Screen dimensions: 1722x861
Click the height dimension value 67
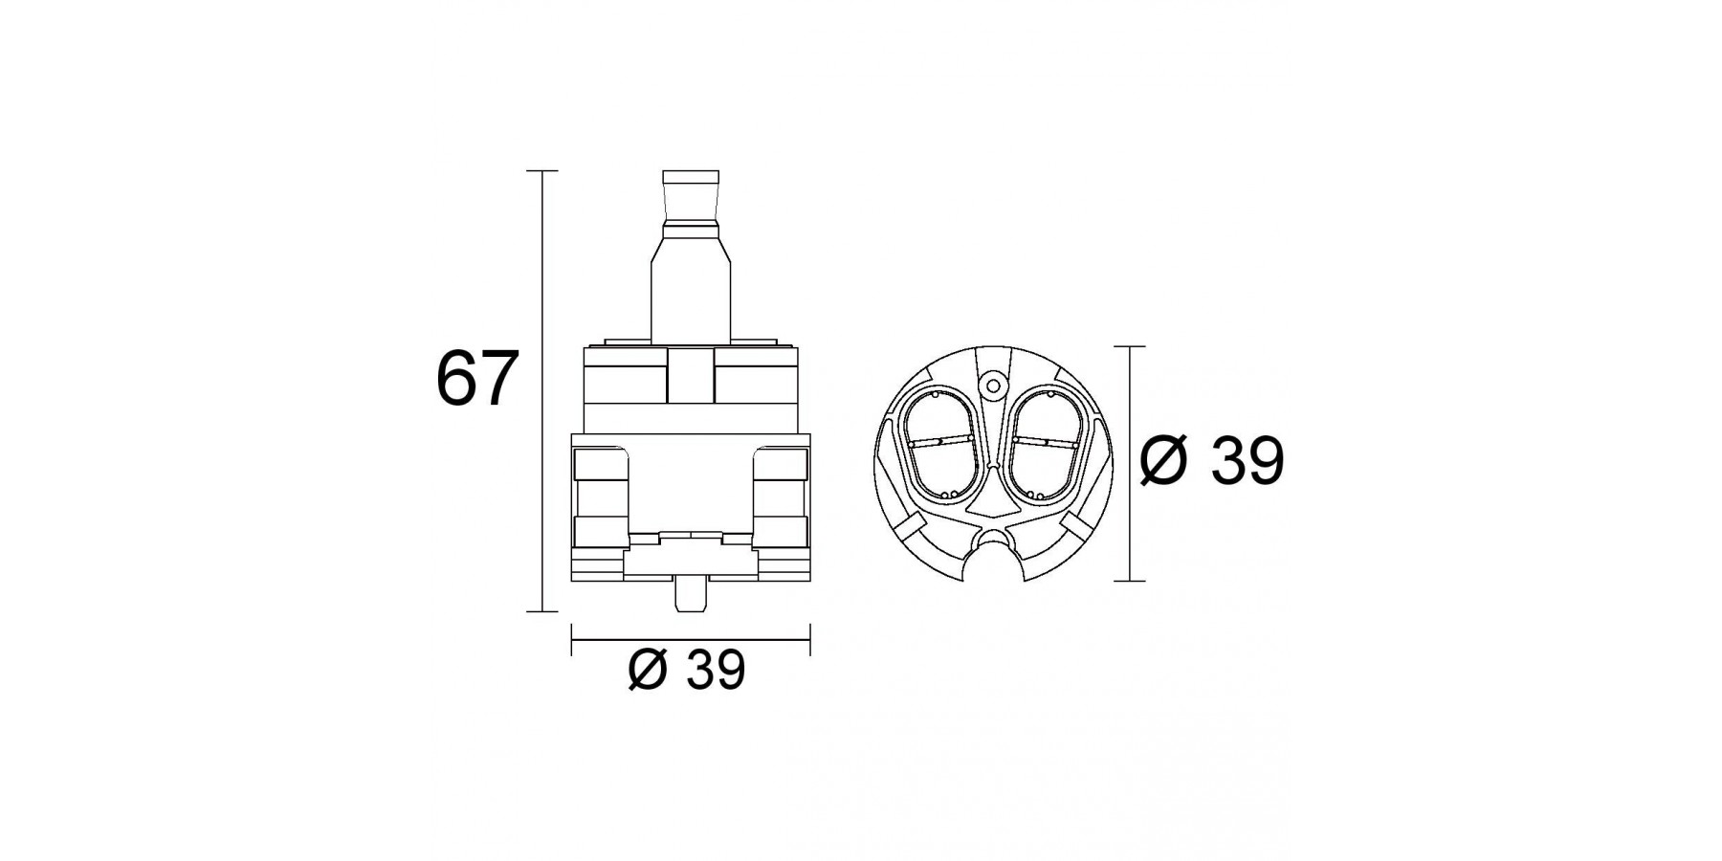tap(476, 379)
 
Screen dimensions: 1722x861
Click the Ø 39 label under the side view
tap(686, 671)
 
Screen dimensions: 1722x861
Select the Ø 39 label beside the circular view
tap(1211, 462)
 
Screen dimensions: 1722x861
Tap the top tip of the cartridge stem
tap(691, 172)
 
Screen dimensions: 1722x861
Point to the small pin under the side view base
tap(691, 595)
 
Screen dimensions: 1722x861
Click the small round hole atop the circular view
tap(992, 386)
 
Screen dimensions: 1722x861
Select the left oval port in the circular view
tap(941, 446)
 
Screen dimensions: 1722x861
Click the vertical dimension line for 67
tap(543, 390)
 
